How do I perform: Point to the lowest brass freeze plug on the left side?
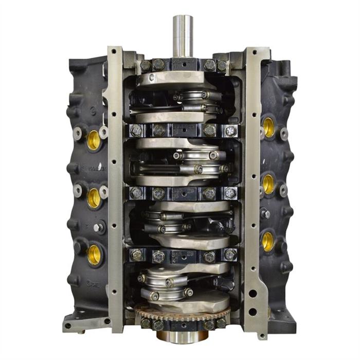(94, 253)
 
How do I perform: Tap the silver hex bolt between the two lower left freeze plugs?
(99, 226)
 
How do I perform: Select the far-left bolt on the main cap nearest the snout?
(145, 65)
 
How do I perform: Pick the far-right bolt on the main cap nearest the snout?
(222, 66)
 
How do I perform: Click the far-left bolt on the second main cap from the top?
(136, 130)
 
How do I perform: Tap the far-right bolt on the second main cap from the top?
(231, 131)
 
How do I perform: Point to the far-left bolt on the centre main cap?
(136, 193)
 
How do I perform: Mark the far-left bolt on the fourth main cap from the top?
(137, 255)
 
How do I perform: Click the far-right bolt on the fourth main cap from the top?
(230, 256)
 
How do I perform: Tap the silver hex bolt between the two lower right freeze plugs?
(265, 213)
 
